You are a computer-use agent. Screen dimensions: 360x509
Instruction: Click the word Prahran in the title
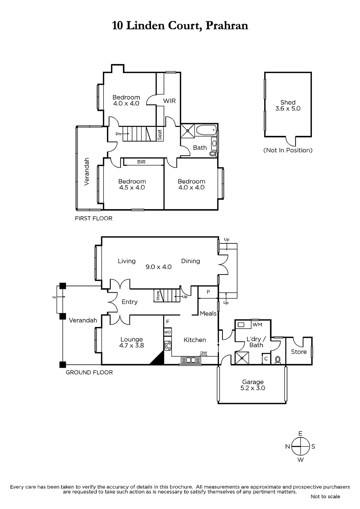click(x=227, y=25)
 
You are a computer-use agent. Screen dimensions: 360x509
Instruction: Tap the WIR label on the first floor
click(x=169, y=101)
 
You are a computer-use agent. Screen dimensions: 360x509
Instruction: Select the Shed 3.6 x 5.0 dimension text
click(x=288, y=108)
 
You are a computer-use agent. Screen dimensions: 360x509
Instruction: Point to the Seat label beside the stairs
click(x=160, y=135)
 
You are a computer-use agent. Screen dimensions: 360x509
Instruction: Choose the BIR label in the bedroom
click(x=141, y=162)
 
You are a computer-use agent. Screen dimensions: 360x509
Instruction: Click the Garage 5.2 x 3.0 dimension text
click(x=253, y=388)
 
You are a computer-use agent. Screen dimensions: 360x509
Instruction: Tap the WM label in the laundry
click(x=257, y=325)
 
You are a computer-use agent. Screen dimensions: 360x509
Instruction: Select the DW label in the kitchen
click(x=203, y=353)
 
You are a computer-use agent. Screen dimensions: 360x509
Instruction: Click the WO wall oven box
click(x=168, y=332)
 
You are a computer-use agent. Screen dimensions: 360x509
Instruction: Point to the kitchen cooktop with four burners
click(x=168, y=346)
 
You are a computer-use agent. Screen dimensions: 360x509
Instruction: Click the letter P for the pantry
click(x=208, y=292)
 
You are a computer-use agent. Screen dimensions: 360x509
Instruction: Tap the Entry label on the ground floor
click(x=130, y=302)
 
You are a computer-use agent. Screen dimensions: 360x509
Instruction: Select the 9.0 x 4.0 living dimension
click(x=159, y=267)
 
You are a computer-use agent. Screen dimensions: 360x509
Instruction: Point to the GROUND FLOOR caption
click(x=89, y=373)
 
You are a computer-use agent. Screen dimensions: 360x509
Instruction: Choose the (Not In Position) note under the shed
click(x=288, y=150)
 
